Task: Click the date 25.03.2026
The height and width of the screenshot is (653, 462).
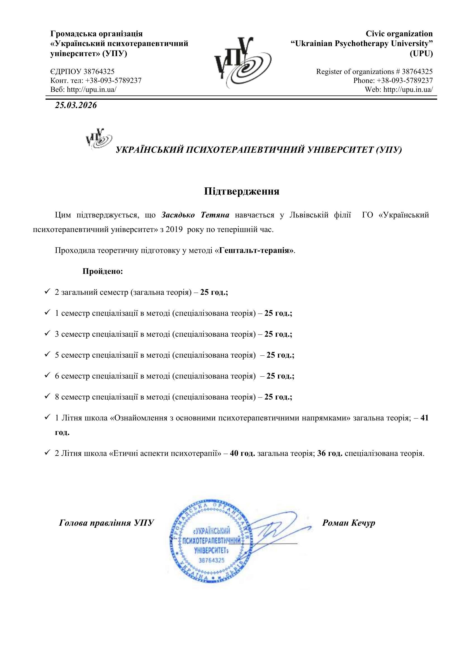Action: [x=76, y=106]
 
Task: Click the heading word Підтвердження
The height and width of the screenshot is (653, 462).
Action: [x=242, y=191]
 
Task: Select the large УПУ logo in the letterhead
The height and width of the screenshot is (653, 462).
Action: [x=242, y=62]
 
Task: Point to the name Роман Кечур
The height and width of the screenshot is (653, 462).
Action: [x=349, y=523]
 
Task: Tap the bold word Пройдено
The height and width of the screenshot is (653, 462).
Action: [x=103, y=271]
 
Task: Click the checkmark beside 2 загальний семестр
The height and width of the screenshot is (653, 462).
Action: [x=47, y=292]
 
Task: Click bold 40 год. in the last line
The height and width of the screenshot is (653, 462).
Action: [x=242, y=453]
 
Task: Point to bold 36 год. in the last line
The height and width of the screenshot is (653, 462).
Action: [x=330, y=453]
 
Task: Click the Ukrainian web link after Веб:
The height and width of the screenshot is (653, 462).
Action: [x=92, y=89]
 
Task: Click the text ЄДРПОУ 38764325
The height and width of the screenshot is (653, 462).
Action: [x=82, y=71]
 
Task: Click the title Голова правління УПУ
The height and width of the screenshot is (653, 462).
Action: [x=106, y=523]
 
